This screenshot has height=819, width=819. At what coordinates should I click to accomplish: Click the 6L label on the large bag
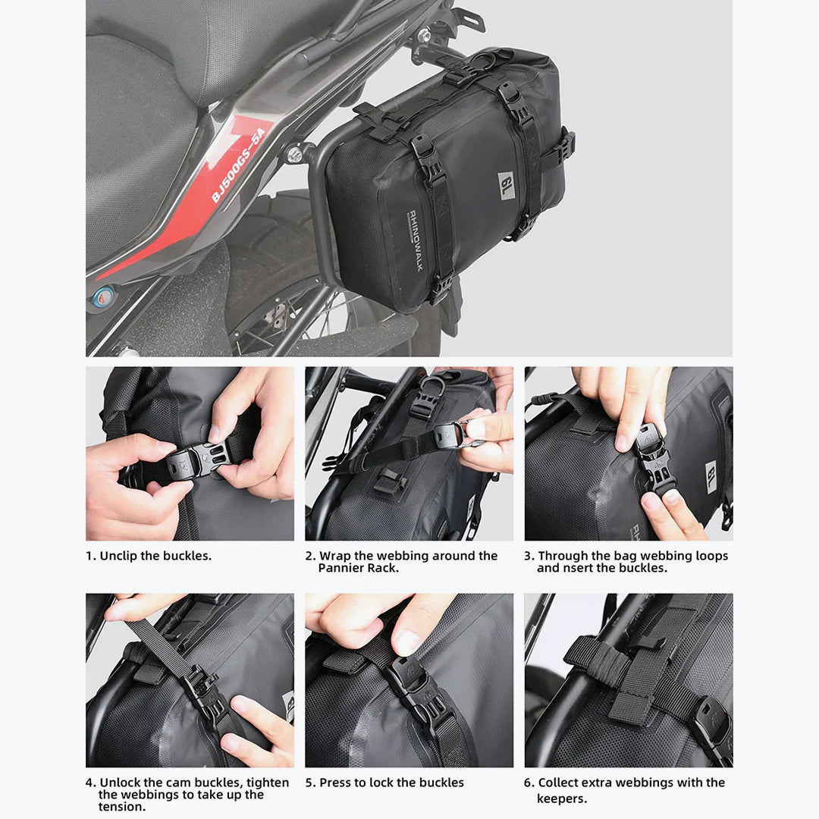coord(506,185)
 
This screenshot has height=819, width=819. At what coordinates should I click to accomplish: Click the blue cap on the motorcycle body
coord(103,297)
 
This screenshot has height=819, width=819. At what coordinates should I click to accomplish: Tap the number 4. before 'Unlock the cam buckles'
coord(90,783)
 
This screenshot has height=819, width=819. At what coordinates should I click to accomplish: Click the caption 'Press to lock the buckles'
coord(391,783)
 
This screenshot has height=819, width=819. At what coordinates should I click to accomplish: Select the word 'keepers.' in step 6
coord(562,799)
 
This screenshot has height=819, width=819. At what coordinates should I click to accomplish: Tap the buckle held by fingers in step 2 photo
coord(449,435)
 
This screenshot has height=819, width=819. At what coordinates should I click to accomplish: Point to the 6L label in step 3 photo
coord(712,476)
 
